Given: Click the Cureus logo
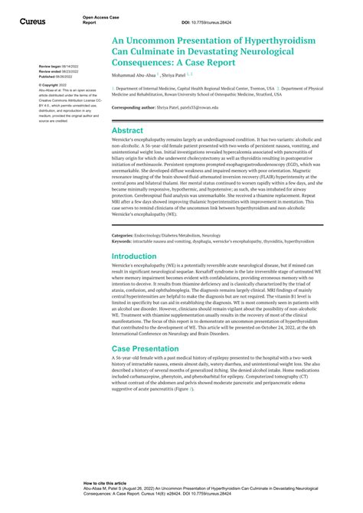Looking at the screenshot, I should pos(34,20).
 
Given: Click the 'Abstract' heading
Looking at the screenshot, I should pos(127,131).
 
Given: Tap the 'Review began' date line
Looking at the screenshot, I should pos(58,67).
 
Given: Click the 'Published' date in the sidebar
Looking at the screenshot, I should pos(58,76).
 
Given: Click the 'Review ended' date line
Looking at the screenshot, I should pos(58,71).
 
